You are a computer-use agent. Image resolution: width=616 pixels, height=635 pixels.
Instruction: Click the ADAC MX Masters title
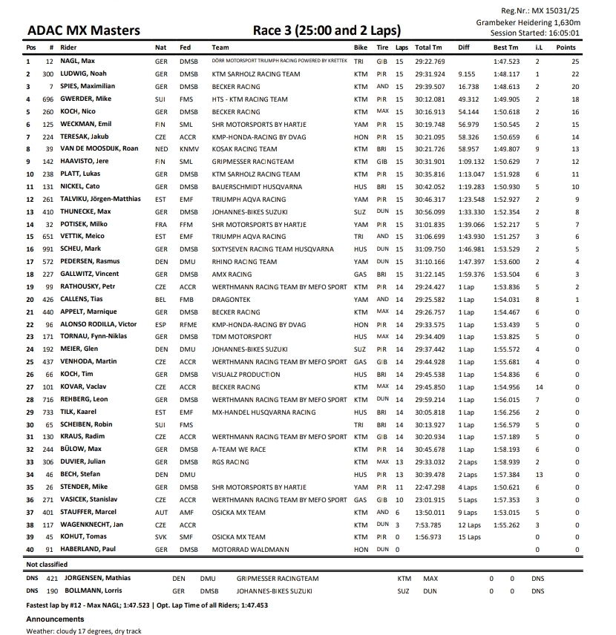(83, 30)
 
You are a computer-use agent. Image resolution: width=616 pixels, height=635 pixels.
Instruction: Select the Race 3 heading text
(327, 30)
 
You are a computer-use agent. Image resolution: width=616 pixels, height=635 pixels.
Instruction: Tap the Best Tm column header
(506, 47)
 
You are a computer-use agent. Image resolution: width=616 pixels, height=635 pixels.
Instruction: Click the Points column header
(566, 47)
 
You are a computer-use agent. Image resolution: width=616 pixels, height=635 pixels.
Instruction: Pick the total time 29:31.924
(430, 74)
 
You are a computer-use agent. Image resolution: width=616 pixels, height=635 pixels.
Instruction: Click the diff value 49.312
(468, 99)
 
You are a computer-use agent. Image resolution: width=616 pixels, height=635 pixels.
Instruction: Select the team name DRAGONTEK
(232, 300)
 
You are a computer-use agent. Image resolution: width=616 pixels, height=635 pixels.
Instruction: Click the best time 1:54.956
(506, 387)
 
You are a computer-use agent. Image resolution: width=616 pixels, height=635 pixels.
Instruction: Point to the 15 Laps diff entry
(469, 537)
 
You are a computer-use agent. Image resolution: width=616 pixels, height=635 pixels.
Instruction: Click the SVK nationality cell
(161, 537)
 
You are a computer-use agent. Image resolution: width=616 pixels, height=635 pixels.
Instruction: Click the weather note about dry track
(83, 631)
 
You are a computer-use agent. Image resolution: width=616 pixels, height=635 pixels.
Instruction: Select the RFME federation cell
(188, 324)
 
